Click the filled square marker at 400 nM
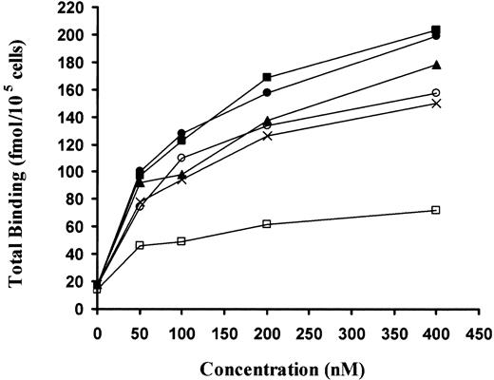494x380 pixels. point(436,29)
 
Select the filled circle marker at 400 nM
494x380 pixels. point(436,36)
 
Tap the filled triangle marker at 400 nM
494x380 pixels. point(436,65)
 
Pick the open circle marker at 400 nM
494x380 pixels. point(436,93)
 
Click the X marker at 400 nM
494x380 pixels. point(436,104)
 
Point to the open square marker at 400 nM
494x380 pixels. point(436,209)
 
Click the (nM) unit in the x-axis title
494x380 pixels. point(345,364)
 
